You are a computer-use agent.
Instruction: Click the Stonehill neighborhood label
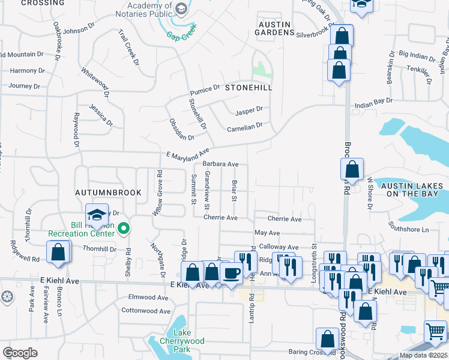(x=249, y=88)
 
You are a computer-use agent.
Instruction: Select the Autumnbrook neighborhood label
(x=108, y=193)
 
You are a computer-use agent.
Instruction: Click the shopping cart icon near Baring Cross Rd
(x=435, y=331)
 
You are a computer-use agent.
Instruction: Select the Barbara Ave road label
(x=220, y=164)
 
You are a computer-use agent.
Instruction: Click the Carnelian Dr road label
(x=244, y=127)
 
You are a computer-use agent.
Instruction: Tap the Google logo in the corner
(x=20, y=353)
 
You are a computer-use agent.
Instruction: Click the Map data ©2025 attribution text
(x=423, y=355)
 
